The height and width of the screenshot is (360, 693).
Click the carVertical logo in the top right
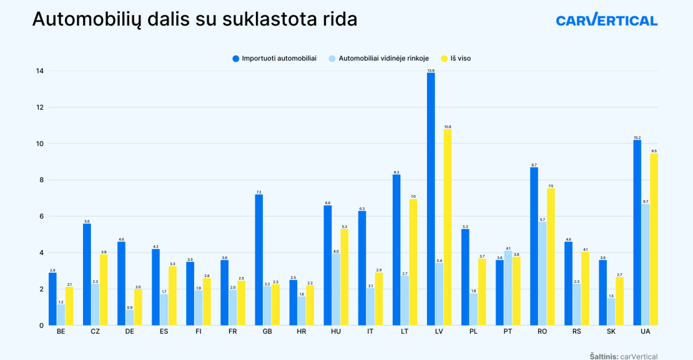[x=606, y=20]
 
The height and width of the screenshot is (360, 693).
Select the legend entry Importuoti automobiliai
[x=275, y=58]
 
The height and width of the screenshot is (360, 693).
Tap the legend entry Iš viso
[x=456, y=58]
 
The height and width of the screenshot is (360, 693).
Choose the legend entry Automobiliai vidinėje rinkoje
[x=378, y=58]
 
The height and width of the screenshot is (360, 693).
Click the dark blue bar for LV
[x=431, y=200]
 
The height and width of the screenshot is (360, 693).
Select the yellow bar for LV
[x=448, y=228]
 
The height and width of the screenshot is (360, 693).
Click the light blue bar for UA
[x=646, y=265]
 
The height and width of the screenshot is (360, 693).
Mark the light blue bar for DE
[x=129, y=318]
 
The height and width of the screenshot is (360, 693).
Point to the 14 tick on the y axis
[x=40, y=71]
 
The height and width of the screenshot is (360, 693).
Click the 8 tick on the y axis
[x=41, y=180]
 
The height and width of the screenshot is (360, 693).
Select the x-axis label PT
[x=508, y=332]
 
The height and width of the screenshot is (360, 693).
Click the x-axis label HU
[x=336, y=332]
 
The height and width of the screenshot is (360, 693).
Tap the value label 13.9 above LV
[x=431, y=71]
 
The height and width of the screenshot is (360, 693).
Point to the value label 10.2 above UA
[x=637, y=137]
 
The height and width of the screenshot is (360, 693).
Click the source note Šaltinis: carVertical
[x=623, y=356]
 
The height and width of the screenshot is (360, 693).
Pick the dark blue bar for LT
[x=396, y=250]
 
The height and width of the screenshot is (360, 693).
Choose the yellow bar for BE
[x=69, y=306]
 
